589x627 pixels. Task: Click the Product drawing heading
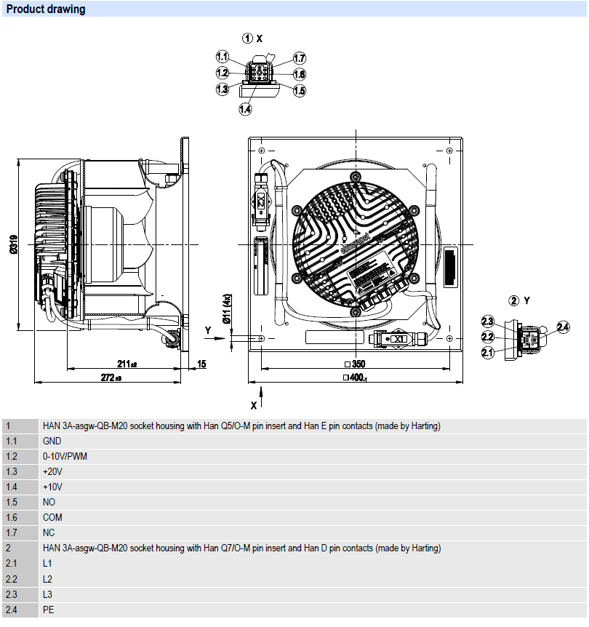coord(46,9)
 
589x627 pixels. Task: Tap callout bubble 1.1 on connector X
coord(223,57)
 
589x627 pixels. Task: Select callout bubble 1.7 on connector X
coord(300,58)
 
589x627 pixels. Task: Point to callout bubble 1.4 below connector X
coord(245,109)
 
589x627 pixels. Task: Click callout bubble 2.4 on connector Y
coord(563,327)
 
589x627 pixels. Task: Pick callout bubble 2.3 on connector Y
coord(488,322)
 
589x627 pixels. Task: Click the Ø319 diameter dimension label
coord(14,244)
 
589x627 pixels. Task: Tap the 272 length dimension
coord(111,378)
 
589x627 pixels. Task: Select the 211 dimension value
coord(128,364)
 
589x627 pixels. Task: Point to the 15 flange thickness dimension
coord(201,364)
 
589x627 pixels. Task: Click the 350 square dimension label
coord(354,364)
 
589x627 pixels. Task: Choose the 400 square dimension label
coord(355,378)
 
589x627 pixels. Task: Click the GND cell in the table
coord(52,441)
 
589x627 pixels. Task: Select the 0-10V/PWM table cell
coord(66,456)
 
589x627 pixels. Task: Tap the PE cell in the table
coord(48,609)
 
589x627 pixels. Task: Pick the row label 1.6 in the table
coord(12,517)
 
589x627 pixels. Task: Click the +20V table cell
coord(53,471)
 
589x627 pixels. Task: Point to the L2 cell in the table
coord(48,578)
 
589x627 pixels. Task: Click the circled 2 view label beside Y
coord(514,300)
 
